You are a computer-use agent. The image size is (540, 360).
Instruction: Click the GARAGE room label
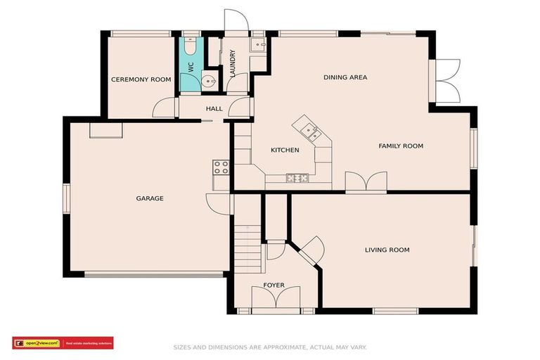[x=150, y=198]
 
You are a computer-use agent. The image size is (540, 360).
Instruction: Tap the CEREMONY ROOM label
[x=141, y=80]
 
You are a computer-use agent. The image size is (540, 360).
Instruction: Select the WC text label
[x=190, y=70]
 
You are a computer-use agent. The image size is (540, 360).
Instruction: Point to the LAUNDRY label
[x=232, y=63]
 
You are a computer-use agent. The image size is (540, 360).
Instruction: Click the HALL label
[x=214, y=109]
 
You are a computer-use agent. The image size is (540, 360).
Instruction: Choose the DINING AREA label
[x=345, y=77]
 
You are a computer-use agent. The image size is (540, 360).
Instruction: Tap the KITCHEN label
[x=285, y=150]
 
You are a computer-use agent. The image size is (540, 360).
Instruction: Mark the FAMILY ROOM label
[x=401, y=146]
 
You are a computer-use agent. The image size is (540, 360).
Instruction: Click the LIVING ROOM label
[x=387, y=250]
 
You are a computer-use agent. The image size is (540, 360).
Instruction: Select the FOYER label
[x=274, y=285]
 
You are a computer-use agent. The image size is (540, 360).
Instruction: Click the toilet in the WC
[x=189, y=46]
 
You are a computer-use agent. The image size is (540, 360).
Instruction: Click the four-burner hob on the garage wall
[x=221, y=167]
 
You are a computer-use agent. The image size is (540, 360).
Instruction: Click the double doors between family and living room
[x=366, y=181]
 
